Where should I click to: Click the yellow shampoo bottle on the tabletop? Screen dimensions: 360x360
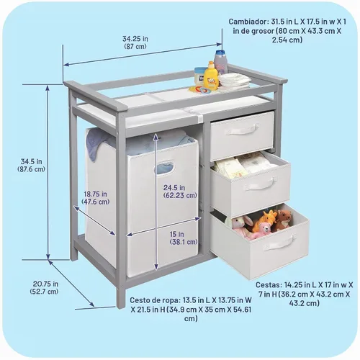[x=211, y=76]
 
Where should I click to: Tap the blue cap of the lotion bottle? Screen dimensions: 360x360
[x=220, y=53]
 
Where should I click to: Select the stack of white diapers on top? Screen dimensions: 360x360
[x=235, y=79]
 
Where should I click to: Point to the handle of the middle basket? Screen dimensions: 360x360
[x=260, y=184]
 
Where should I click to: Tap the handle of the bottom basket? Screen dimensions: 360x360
[x=280, y=243]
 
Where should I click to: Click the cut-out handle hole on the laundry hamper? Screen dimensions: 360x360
[x=165, y=167]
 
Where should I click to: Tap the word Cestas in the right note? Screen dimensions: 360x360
[x=269, y=285]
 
